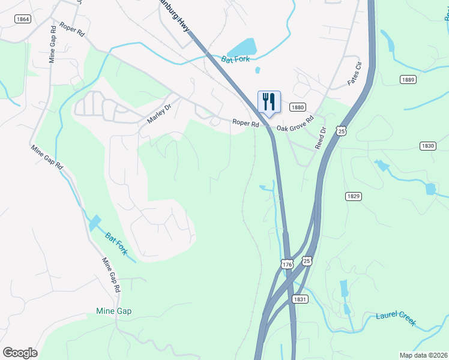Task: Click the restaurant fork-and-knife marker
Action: [x=269, y=101]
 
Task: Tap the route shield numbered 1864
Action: [x=23, y=19]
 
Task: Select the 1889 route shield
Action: [x=408, y=79]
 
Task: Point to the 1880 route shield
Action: [x=297, y=107]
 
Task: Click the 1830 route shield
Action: [x=427, y=146]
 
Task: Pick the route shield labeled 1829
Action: [x=353, y=196]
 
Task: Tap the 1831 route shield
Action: [x=300, y=299]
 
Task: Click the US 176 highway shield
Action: [x=287, y=264]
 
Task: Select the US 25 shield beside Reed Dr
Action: [x=341, y=130]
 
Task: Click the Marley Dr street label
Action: [x=159, y=113]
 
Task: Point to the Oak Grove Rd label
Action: [x=295, y=124]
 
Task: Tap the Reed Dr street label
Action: [x=321, y=138]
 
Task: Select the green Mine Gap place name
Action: [x=113, y=311]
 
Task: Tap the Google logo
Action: [x=20, y=353]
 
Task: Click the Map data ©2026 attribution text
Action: [x=423, y=355]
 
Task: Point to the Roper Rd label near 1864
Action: [x=71, y=30]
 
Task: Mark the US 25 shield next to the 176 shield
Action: [x=307, y=260]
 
